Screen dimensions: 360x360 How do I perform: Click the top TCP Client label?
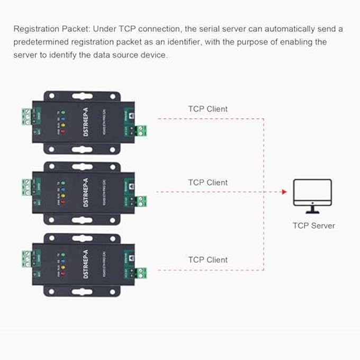[x=208, y=109]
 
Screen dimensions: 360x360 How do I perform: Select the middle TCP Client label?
[x=208, y=183]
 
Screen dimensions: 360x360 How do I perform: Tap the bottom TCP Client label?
[x=208, y=260]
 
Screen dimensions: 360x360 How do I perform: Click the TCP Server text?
[x=314, y=226]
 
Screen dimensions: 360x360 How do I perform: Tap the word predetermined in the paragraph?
[x=41, y=42]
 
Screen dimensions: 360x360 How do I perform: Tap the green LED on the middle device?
[x=63, y=181]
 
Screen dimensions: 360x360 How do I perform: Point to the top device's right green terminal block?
[x=141, y=130]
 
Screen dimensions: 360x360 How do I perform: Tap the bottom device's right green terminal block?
[x=141, y=273]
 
